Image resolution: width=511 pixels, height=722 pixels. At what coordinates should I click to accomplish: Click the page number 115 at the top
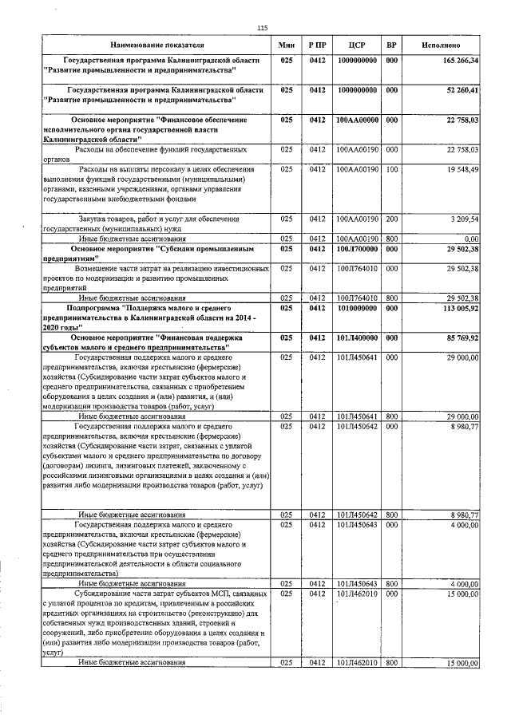[x=261, y=28]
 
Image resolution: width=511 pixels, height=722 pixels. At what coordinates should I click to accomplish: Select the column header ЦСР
[x=357, y=45]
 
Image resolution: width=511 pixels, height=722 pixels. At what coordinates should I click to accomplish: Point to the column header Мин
[x=287, y=45]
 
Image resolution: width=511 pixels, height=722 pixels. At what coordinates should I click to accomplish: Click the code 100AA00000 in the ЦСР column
[x=357, y=120]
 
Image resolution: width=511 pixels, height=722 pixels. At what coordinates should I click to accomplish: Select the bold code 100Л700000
[x=357, y=249]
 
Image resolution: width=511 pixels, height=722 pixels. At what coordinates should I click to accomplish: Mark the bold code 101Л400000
[x=357, y=337]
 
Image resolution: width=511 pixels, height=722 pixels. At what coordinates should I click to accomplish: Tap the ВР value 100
[x=391, y=169]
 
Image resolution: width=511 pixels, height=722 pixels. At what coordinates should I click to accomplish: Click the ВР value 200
[x=391, y=218]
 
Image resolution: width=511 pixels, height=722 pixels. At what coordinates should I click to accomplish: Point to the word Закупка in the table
[x=97, y=218]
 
